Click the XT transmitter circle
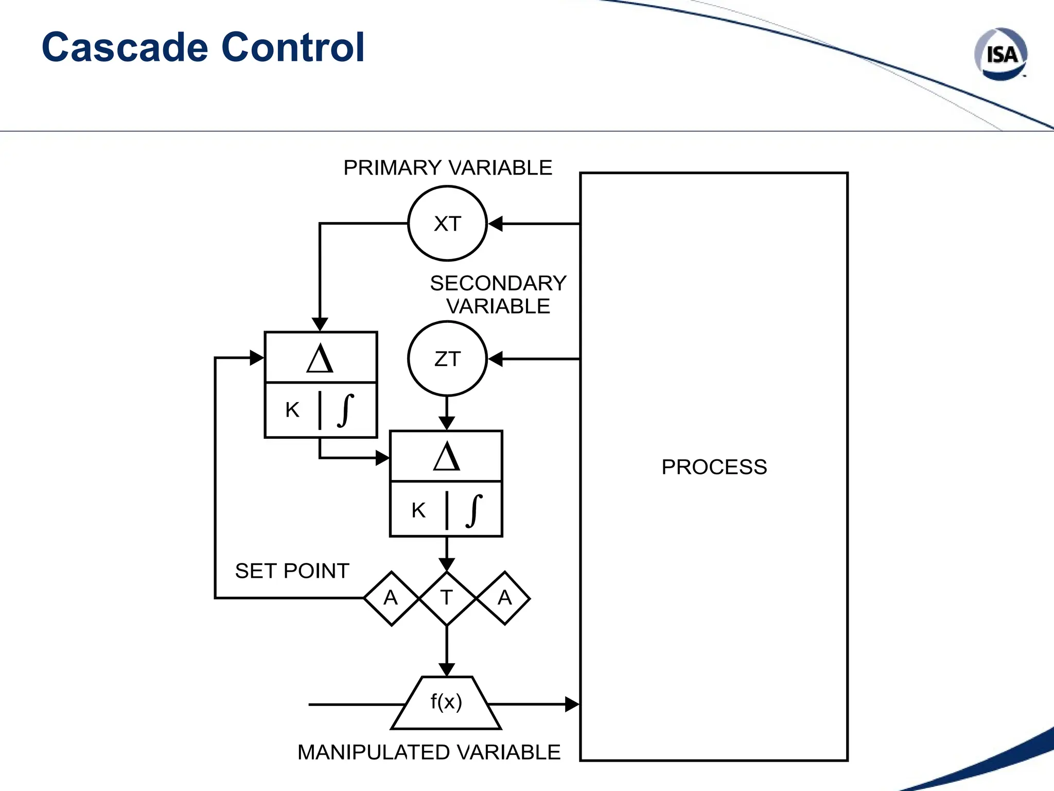tap(447, 223)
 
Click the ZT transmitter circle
tap(447, 359)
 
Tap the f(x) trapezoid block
tap(446, 702)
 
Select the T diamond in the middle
tap(447, 598)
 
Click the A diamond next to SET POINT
tap(391, 598)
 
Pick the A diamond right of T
tap(504, 598)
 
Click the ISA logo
tap(1000, 54)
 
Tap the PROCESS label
tap(714, 467)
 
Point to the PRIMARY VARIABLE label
tap(447, 168)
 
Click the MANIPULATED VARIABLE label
tap(428, 752)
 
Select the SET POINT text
tap(292, 571)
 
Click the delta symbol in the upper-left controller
tap(320, 358)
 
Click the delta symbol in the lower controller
tap(446, 457)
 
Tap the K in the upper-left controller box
tap(292, 410)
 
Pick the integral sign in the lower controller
tap(474, 510)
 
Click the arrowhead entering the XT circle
tap(495, 223)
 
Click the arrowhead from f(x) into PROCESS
tap(572, 704)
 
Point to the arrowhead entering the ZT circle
tap(495, 359)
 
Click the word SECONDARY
tap(498, 283)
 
